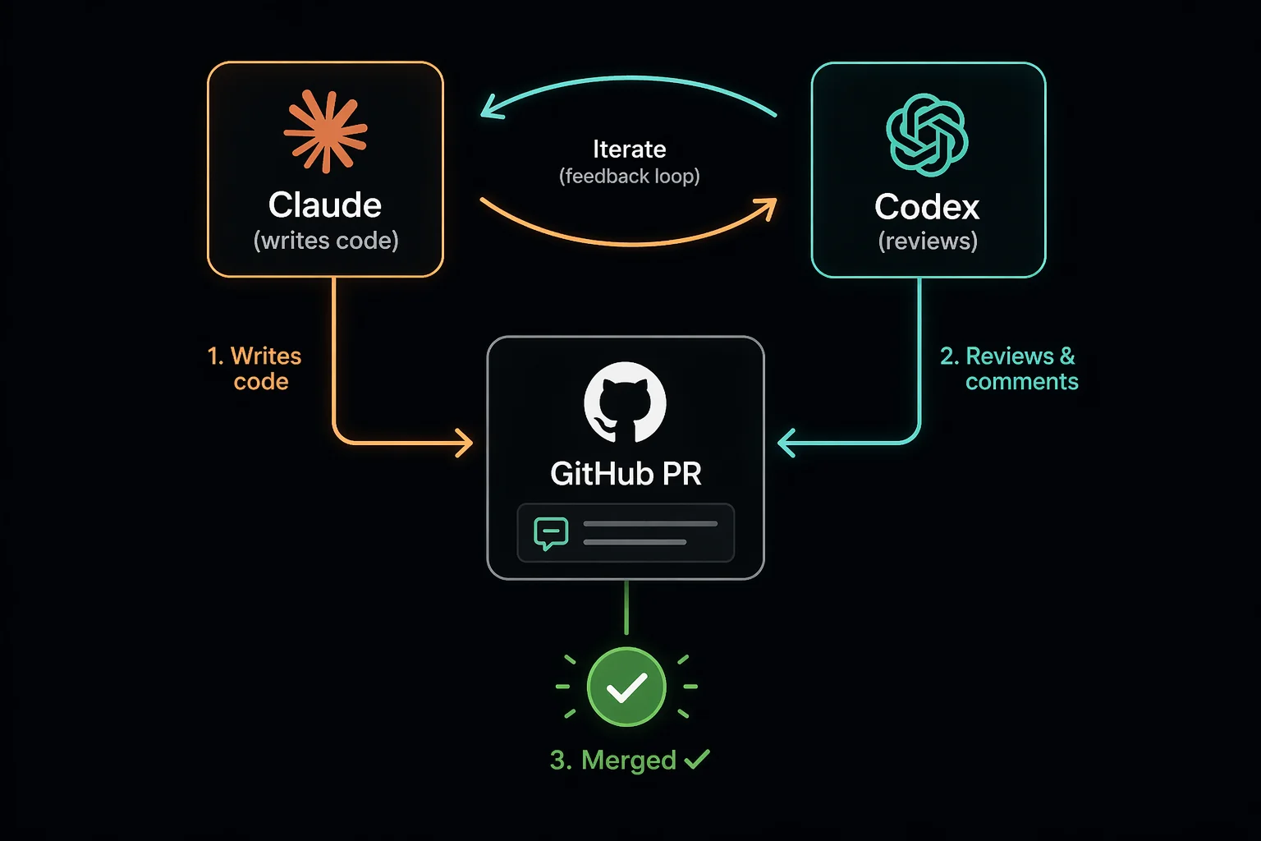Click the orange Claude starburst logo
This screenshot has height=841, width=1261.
point(325,132)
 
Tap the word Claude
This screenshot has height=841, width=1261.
point(325,205)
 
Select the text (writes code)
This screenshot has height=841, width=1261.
point(326,241)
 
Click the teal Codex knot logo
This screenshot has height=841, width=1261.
point(927,135)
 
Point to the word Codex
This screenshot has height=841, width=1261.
point(927,207)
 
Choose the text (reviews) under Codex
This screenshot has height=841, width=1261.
point(928,241)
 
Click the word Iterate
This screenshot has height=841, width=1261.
point(630,149)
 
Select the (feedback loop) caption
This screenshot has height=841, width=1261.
point(630,177)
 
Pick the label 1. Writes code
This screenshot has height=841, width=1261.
point(255,369)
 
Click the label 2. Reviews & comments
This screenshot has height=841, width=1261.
point(1010,369)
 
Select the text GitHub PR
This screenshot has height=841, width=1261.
point(626,474)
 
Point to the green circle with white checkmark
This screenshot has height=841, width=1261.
point(626,687)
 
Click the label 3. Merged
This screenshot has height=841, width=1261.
point(613,761)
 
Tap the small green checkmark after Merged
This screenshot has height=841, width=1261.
point(696,759)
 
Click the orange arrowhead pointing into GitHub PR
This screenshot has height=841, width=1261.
point(465,443)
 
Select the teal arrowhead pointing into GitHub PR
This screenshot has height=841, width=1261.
point(786,443)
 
